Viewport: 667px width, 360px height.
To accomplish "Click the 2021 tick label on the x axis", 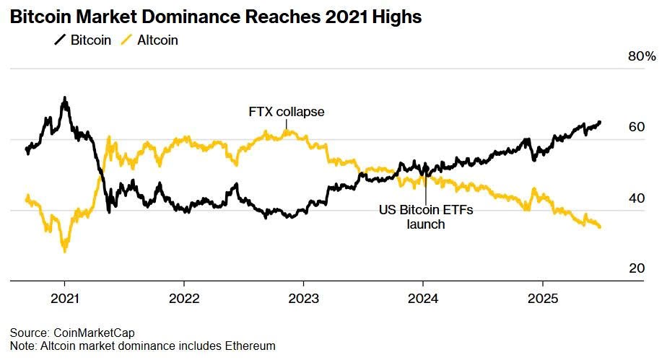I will pyautogui.click(x=64, y=299).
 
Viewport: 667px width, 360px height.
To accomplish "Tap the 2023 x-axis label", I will pyautogui.click(x=303, y=299).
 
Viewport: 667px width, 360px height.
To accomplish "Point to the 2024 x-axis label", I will pyautogui.click(x=423, y=299).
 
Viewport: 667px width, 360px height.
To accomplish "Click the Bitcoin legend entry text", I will pyautogui.click(x=91, y=40).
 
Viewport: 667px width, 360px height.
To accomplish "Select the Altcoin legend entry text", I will pyautogui.click(x=157, y=40).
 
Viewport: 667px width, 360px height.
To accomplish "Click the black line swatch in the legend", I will pyautogui.click(x=61, y=40).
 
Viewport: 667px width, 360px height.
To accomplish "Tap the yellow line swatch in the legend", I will pyautogui.click(x=126, y=40).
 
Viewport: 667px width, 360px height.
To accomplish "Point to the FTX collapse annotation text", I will pyautogui.click(x=287, y=112).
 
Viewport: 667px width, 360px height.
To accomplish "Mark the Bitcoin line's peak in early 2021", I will pyautogui.click(x=65, y=97).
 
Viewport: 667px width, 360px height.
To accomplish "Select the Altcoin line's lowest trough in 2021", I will pyautogui.click(x=65, y=250).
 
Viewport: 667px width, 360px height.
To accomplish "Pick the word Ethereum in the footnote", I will pyautogui.click(x=249, y=346).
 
